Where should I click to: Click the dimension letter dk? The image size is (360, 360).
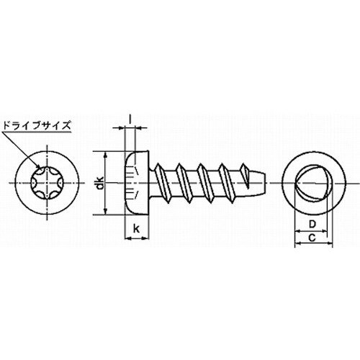102,183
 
